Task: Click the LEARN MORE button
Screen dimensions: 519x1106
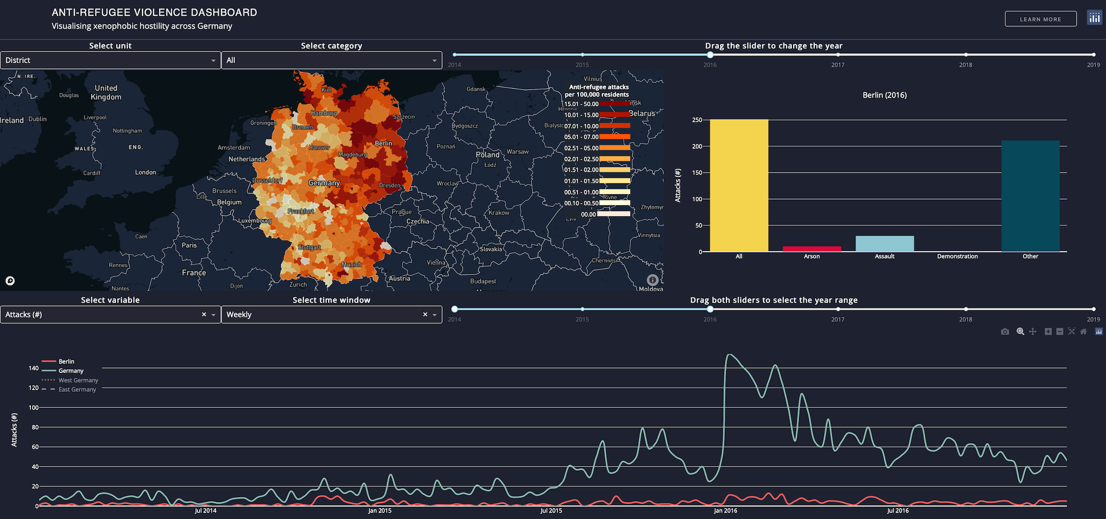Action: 1040,19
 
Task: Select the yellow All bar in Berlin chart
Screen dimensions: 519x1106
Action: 739,185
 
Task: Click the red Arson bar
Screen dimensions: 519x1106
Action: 812,249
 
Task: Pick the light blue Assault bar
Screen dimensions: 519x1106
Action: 884,244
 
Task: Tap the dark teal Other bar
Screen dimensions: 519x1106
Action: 1030,196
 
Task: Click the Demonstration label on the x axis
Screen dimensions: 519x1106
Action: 957,257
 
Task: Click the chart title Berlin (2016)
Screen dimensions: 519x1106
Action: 884,95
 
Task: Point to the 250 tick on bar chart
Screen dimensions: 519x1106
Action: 697,120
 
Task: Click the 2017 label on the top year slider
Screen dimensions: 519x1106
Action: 837,65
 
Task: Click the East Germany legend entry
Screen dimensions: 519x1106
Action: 77,390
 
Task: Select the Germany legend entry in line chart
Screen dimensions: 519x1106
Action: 71,371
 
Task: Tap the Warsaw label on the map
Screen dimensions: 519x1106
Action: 517,152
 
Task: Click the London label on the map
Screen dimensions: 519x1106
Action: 145,173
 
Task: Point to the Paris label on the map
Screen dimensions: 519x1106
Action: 189,245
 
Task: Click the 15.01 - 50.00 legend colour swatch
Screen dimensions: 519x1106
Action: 614,103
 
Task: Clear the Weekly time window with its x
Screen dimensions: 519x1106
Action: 425,314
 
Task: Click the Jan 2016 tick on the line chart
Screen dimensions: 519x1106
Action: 725,511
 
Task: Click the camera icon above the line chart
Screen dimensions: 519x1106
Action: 1005,331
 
